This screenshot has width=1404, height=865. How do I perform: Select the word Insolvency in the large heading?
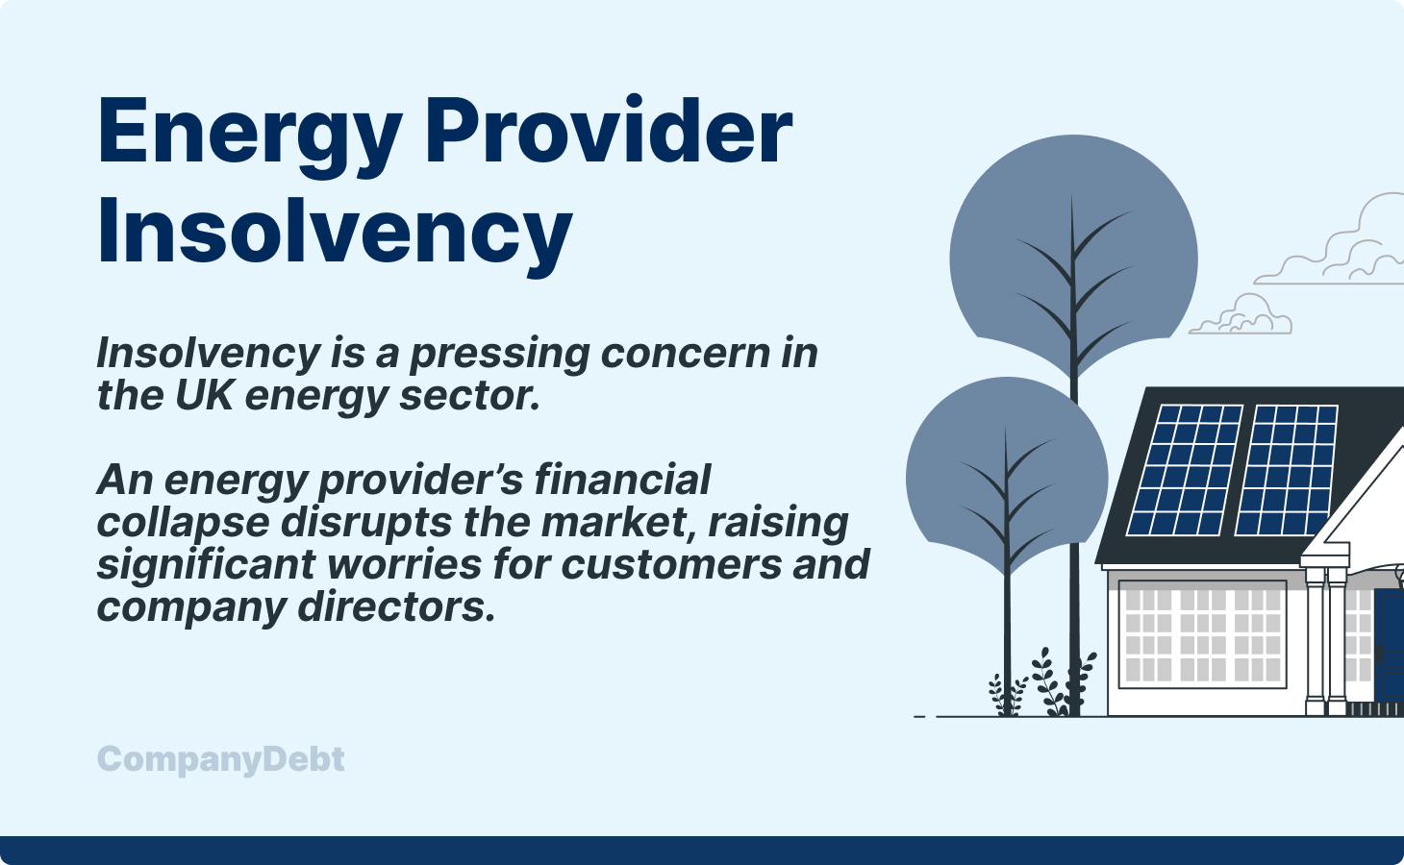click(x=335, y=231)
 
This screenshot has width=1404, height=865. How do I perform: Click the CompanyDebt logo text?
click(x=221, y=759)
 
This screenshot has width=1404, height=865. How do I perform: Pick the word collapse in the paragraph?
click(x=183, y=522)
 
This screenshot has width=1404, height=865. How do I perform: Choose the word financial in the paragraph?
click(x=622, y=480)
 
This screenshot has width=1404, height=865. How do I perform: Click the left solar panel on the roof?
click(x=1184, y=469)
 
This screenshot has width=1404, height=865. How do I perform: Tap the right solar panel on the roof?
click(x=1286, y=469)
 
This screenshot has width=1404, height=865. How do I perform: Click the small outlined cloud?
click(x=1242, y=317)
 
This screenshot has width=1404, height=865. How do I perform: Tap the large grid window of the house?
click(x=1202, y=634)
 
